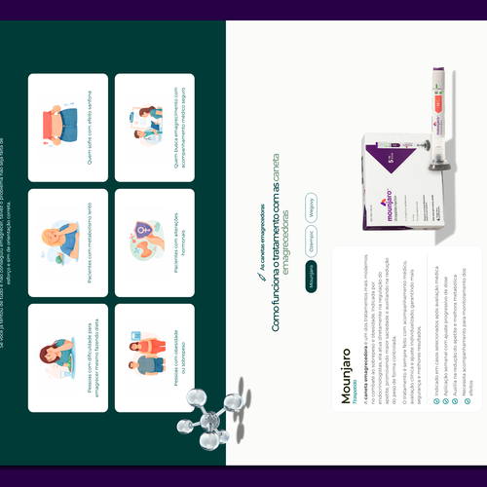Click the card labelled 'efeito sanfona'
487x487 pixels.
[x=68, y=127]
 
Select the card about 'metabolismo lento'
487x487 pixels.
[x=68, y=243]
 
